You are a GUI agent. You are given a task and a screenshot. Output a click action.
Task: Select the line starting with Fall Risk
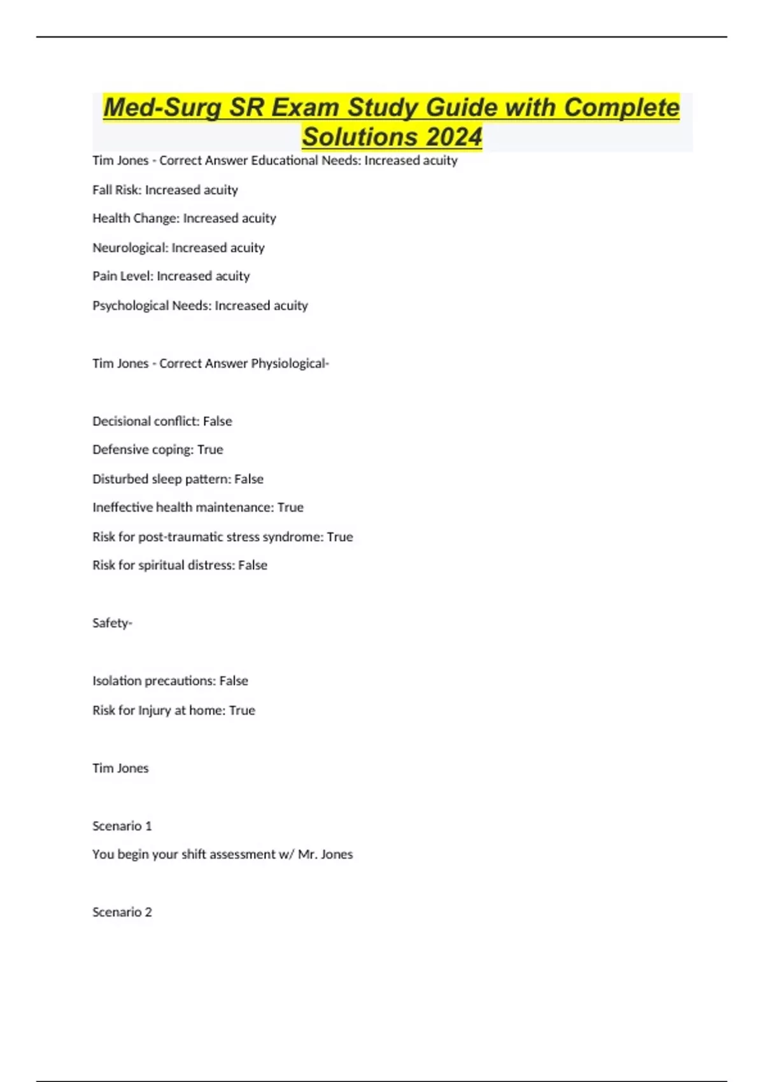pos(165,190)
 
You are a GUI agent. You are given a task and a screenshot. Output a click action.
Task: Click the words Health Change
pos(135,218)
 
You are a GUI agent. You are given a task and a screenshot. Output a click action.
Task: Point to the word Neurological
pos(130,248)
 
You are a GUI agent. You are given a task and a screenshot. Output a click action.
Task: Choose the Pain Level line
pos(171,276)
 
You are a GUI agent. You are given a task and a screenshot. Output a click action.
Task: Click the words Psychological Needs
pos(151,306)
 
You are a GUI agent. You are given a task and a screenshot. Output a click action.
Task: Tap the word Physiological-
pos(290,363)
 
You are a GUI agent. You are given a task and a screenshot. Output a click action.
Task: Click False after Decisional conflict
pos(217,421)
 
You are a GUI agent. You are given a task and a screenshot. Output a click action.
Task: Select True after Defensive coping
pos(210,450)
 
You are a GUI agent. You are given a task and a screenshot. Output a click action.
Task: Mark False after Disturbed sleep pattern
pos(248,479)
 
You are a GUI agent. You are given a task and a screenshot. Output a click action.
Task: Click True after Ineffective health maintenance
pos(290,507)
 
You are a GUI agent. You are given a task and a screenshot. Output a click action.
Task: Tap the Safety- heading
pos(112,623)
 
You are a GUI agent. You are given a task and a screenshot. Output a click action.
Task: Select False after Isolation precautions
pos(234,681)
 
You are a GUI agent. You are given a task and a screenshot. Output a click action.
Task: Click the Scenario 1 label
pos(122,826)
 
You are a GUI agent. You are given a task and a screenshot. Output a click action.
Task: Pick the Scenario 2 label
pos(122,912)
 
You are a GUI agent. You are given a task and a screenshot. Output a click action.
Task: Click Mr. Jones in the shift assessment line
pos(325,854)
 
